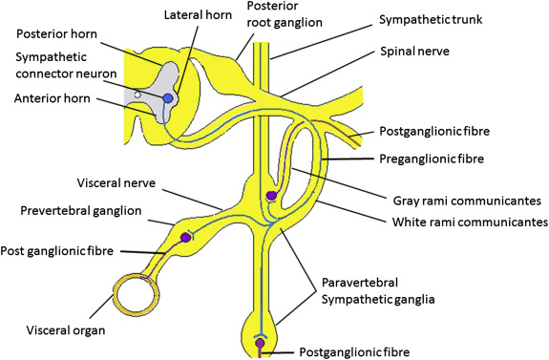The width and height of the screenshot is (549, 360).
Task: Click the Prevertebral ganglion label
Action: point(85,208)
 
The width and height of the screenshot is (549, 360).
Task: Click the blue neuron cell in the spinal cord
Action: point(169,98)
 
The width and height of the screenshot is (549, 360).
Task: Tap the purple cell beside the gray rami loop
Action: point(271,198)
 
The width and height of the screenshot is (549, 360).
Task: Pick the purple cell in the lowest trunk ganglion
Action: point(260,343)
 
